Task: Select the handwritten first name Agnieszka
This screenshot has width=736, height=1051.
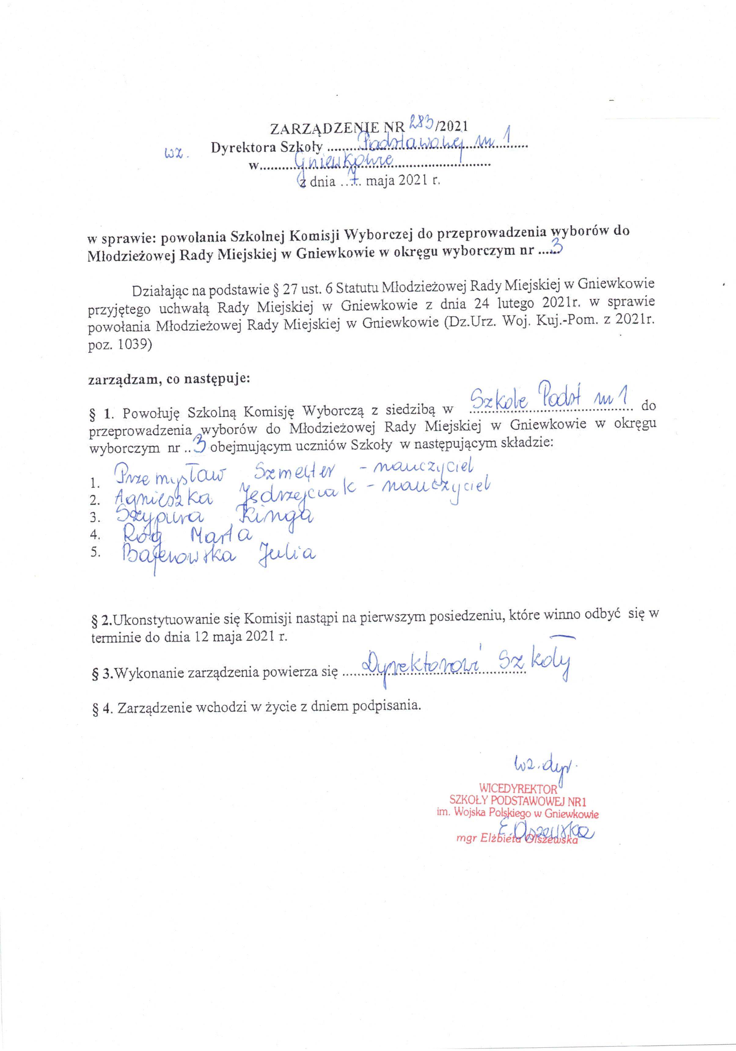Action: coord(163,497)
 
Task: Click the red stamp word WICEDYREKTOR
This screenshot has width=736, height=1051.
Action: coord(518,788)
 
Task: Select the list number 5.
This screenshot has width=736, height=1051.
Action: coord(95,552)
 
